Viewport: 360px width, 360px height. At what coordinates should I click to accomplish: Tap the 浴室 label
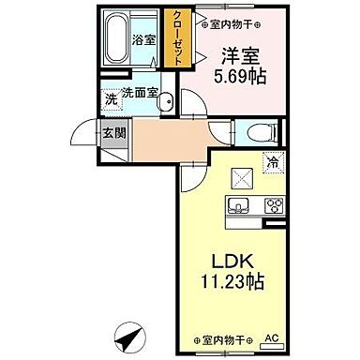point(144,40)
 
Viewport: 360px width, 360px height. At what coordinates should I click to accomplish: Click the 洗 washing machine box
point(110,97)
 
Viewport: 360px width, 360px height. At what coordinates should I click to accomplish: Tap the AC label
point(272,337)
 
